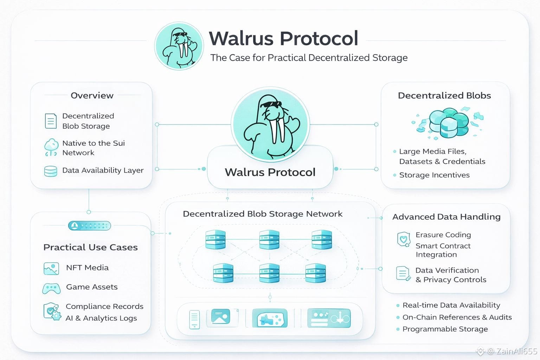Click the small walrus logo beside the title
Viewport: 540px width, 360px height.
[x=179, y=46]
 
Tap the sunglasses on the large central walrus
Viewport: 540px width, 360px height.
[x=272, y=104]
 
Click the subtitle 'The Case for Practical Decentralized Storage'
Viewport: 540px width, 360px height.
[x=309, y=58]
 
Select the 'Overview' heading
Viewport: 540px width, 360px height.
[x=92, y=96]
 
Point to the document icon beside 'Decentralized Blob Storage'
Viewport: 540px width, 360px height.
[x=51, y=121]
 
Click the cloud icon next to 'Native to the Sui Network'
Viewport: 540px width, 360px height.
[x=51, y=147]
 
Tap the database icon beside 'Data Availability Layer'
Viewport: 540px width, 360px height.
[x=51, y=171]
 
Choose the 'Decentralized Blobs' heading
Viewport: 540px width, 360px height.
[x=444, y=96]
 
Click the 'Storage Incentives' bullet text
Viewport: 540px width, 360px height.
[x=434, y=175]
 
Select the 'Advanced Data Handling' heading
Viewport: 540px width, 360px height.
[x=446, y=217]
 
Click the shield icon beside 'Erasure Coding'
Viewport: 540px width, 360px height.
[x=403, y=239]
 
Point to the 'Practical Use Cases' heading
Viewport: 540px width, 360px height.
[x=90, y=247]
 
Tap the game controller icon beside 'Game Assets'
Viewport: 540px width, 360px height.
[x=51, y=288]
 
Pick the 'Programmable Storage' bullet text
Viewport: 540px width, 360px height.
[x=445, y=329]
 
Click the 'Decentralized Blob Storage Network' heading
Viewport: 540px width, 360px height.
[x=262, y=214]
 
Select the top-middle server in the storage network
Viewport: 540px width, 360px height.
[x=269, y=240]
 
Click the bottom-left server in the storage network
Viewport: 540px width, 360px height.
[x=223, y=273]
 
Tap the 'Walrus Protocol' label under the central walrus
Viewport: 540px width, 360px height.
[x=270, y=172]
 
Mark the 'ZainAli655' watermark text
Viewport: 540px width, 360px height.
[x=516, y=351]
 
